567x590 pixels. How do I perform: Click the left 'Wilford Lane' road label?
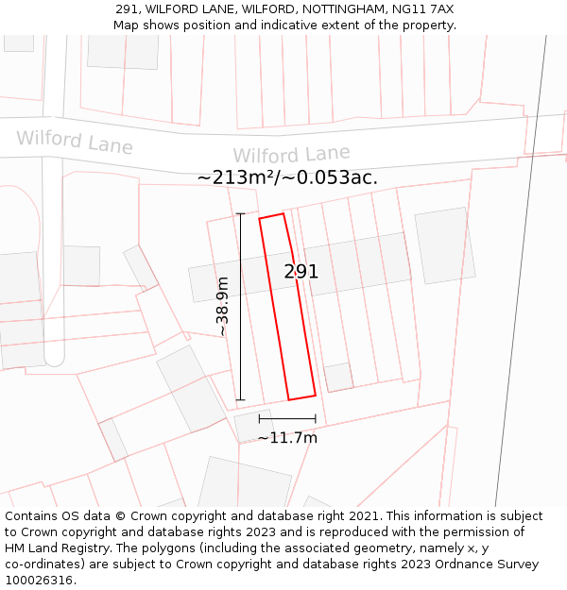click(75, 142)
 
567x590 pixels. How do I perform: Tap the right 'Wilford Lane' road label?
click(291, 155)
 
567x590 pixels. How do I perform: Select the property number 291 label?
click(301, 272)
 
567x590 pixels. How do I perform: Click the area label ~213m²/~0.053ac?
click(287, 177)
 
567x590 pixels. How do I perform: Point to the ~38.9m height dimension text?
click(223, 306)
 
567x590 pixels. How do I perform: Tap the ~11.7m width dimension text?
click(287, 438)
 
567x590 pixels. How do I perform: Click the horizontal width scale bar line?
click(287, 418)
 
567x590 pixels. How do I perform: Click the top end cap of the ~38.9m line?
click(241, 214)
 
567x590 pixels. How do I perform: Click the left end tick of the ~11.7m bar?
click(260, 418)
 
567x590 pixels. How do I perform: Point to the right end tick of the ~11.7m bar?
click(316, 418)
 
